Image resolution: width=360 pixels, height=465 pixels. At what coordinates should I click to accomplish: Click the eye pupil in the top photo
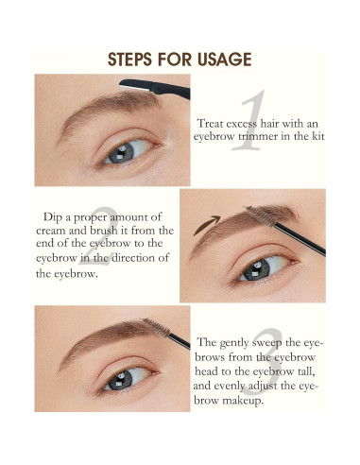click(118, 152)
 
